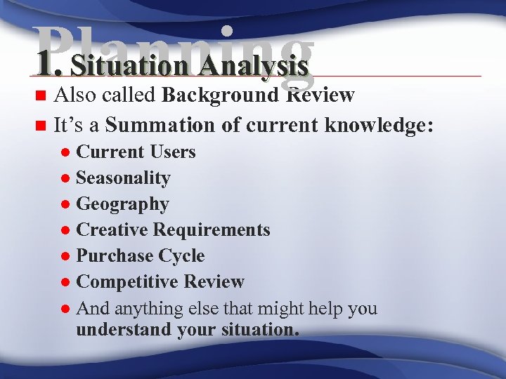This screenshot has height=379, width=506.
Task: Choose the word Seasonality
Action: (x=123, y=178)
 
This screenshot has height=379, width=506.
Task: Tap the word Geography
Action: (x=122, y=204)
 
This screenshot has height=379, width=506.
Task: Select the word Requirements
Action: (x=212, y=230)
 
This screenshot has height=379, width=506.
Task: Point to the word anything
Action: (x=150, y=309)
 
